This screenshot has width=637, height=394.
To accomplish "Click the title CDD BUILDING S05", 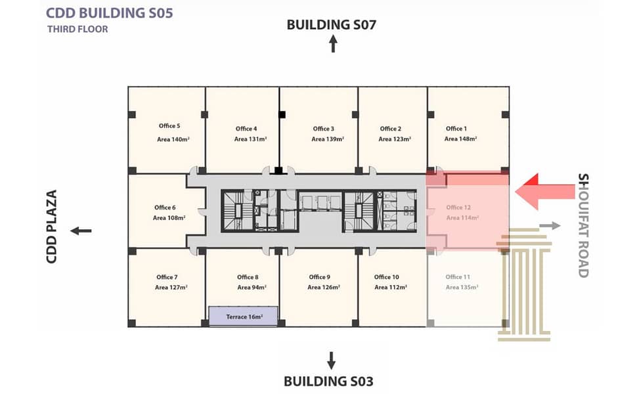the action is click(109, 13).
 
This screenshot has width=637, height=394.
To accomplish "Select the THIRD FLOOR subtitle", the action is click(77, 30).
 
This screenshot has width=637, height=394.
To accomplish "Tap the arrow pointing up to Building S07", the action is click(333, 44).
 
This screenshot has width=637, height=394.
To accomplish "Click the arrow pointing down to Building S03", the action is click(332, 361).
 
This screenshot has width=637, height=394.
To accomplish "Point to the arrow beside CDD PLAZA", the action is click(81, 231).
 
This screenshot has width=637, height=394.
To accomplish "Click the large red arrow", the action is click(545, 191).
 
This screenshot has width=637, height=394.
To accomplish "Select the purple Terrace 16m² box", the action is click(244, 317).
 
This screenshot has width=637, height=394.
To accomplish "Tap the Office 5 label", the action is click(169, 126).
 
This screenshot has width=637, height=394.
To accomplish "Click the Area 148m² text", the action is click(460, 139).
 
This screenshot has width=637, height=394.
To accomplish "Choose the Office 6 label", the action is click(165, 208).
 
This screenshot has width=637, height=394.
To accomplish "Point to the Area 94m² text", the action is click(252, 288).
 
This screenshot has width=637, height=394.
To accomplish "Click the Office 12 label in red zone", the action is click(458, 208).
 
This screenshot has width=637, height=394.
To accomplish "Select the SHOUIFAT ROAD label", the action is click(583, 225).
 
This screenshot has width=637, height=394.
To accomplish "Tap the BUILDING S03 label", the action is click(328, 382).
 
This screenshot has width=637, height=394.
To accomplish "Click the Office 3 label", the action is click(323, 129).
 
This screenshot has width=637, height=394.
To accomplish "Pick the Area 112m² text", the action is click(391, 288).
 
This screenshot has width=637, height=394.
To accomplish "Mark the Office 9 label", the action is click(319, 277).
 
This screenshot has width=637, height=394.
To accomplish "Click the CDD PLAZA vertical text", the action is click(52, 227).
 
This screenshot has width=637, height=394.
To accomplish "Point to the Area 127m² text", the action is click(171, 288).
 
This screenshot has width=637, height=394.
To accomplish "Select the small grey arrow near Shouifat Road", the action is click(550, 226).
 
